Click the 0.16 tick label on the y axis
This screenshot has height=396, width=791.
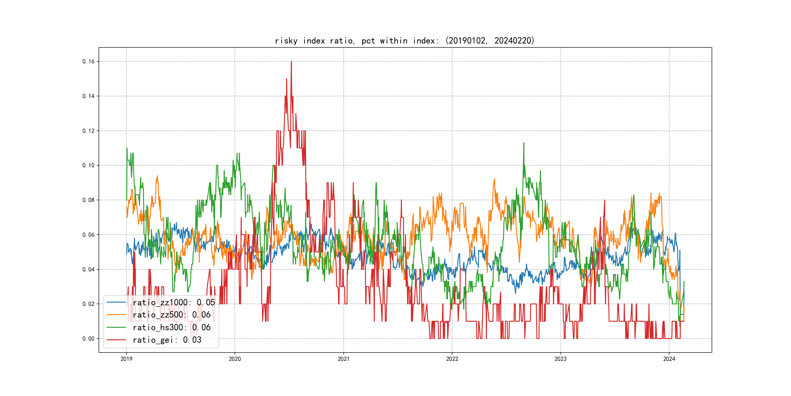pyautogui.click(x=88, y=62)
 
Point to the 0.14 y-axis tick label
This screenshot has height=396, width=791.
pyautogui.click(x=88, y=96)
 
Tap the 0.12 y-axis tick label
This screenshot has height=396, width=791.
pyautogui.click(x=88, y=131)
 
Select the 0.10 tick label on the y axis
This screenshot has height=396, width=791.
pyautogui.click(x=88, y=165)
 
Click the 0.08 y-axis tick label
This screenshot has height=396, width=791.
pyautogui.click(x=88, y=200)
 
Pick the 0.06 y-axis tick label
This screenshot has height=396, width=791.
pyautogui.click(x=88, y=235)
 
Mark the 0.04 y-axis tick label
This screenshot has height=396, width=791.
pyautogui.click(x=88, y=270)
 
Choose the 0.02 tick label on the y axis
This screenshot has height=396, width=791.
pyautogui.click(x=88, y=304)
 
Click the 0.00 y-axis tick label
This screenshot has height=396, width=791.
pyautogui.click(x=88, y=339)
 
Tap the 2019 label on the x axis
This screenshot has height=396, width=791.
pyautogui.click(x=126, y=359)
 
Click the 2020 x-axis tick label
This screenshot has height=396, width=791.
pyautogui.click(x=235, y=359)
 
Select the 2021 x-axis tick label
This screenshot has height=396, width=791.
pyautogui.click(x=343, y=359)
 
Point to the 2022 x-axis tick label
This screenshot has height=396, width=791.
pyautogui.click(x=452, y=359)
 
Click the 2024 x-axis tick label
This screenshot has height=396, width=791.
pyautogui.click(x=669, y=359)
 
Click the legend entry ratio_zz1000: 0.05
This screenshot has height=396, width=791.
pyautogui.click(x=174, y=303)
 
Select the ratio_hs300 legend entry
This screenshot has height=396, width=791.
pyautogui.click(x=171, y=328)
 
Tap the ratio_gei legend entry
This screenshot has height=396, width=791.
pyautogui.click(x=167, y=340)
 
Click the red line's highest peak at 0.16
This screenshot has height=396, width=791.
pyautogui.click(x=291, y=62)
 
